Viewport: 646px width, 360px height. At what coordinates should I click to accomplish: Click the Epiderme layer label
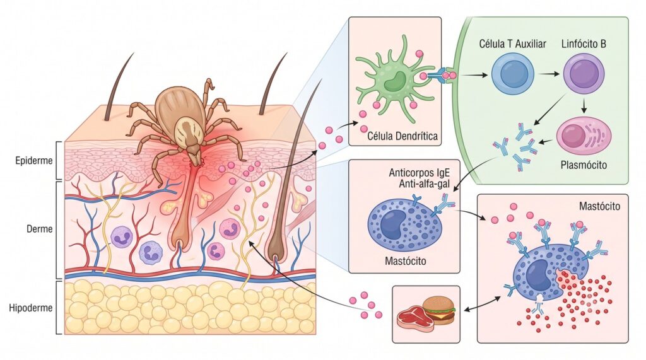coord(34,160)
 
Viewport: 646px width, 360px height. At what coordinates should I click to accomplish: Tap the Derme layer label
coord(40,229)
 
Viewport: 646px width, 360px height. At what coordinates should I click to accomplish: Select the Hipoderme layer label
coord(31,308)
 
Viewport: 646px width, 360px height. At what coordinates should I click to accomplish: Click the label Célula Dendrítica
coord(402,136)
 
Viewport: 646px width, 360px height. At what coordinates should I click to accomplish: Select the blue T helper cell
coord(512,75)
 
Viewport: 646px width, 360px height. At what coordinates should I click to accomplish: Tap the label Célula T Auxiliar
coord(512,44)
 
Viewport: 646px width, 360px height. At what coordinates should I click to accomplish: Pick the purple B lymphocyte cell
coord(584,74)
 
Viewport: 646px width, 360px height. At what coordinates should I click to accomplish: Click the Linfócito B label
coord(584,44)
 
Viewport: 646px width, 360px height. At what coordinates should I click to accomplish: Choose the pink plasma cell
coord(584,136)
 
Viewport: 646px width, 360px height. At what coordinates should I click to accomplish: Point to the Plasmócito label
coord(584,165)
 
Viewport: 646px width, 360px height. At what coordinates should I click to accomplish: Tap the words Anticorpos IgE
coord(419,173)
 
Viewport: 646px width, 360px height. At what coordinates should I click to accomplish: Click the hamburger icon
coord(439,310)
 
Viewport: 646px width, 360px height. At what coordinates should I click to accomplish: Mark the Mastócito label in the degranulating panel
coord(599,206)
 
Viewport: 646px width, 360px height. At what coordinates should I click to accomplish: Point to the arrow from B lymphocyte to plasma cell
coord(584,106)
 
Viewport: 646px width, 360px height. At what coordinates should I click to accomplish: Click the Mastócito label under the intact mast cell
coord(406,261)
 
